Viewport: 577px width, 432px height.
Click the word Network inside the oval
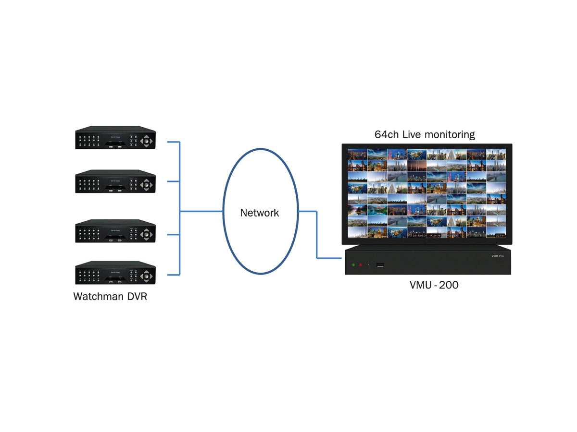tap(260, 213)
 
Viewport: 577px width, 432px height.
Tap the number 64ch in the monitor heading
tap(387, 134)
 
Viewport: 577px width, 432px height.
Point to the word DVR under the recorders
tap(137, 296)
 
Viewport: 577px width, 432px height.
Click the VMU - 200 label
tap(434, 285)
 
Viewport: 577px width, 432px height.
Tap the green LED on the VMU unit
tap(353, 264)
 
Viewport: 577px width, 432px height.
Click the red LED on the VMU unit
tap(361, 264)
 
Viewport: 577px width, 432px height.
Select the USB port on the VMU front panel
tap(380, 264)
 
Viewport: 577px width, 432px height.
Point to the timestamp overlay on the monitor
tap(426, 236)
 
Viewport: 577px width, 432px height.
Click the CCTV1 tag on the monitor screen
tap(496, 236)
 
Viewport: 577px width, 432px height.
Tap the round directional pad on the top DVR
tap(148, 141)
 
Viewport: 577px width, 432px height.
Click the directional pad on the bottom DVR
tap(148, 276)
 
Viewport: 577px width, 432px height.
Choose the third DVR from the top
tap(115, 231)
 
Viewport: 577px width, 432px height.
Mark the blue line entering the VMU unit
tap(331, 258)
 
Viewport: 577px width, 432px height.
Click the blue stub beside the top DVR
tap(173, 142)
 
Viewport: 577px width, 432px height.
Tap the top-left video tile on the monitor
tap(357, 154)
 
